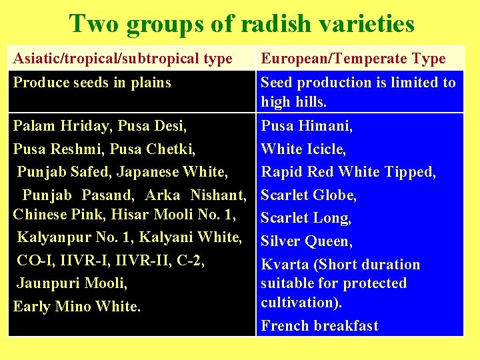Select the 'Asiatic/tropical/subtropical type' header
(x=123, y=59)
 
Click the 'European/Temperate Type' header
(x=353, y=59)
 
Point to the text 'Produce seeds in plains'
(x=92, y=83)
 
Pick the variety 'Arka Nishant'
(x=195, y=195)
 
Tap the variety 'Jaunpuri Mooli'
(x=71, y=283)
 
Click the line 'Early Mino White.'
(x=77, y=307)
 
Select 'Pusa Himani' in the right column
(x=307, y=125)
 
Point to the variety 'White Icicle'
(x=303, y=149)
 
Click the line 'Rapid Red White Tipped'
(x=348, y=172)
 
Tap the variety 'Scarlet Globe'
(x=309, y=195)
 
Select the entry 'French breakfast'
(x=319, y=326)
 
